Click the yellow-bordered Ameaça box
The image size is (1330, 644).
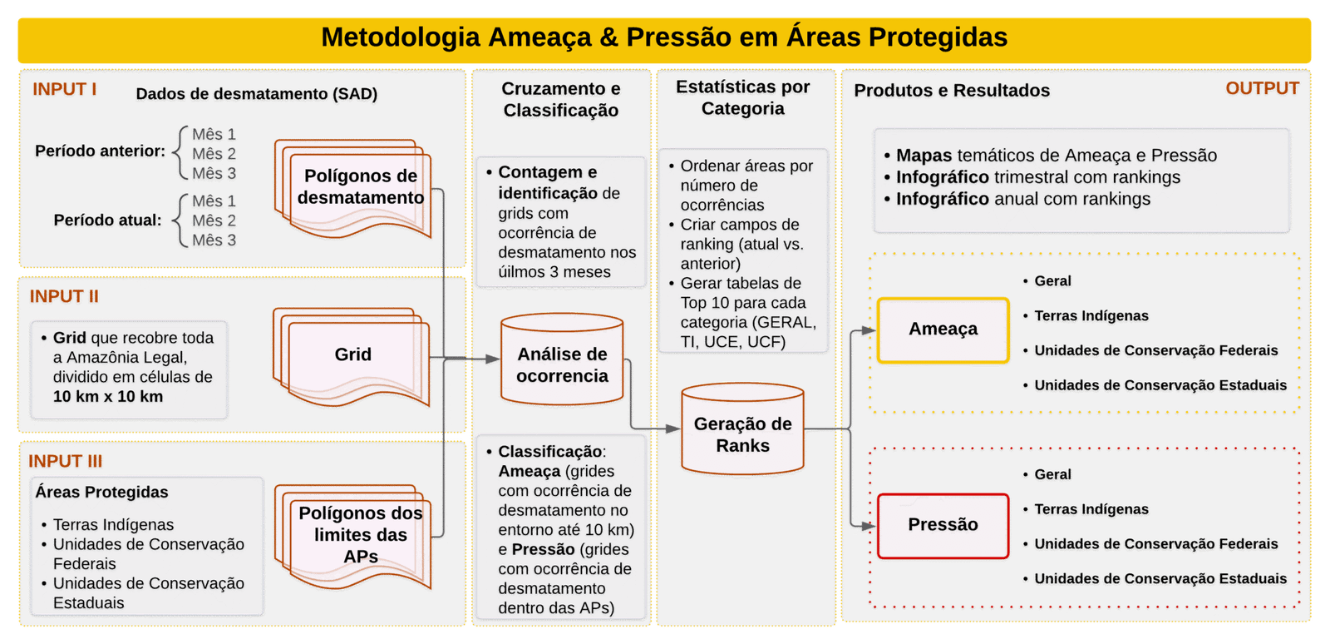(x=943, y=329)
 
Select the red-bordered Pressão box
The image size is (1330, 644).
(x=943, y=525)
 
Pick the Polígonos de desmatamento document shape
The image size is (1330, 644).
(x=360, y=187)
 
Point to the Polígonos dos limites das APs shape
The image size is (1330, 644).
(x=360, y=535)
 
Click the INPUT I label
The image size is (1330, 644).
(x=64, y=89)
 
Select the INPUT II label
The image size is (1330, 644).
(x=64, y=296)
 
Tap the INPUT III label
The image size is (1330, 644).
(x=65, y=461)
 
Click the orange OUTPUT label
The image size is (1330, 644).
(x=1261, y=88)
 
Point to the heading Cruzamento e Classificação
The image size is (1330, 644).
(x=560, y=100)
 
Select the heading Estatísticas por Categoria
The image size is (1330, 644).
(x=742, y=98)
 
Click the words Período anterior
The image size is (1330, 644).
(x=100, y=151)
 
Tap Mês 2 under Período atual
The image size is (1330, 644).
(x=214, y=220)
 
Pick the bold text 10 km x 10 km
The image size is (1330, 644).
(x=107, y=397)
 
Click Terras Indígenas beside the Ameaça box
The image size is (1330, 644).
(x=1091, y=316)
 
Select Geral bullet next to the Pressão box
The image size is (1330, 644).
(x=1052, y=474)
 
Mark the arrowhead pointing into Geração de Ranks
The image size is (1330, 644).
(x=672, y=429)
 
